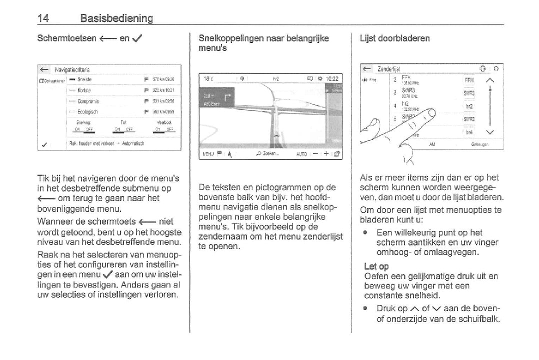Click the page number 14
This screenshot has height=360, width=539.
point(43,18)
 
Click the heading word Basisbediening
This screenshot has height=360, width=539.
point(116,18)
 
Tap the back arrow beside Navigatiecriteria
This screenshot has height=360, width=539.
point(44,69)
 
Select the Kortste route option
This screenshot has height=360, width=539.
point(83,90)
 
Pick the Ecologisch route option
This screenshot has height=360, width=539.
point(87,112)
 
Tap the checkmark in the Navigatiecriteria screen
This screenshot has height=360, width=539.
point(45,145)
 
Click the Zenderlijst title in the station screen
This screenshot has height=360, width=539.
point(389,69)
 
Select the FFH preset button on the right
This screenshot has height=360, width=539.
point(469,80)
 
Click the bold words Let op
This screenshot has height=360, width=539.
point(376,266)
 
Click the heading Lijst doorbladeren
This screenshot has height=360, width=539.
point(394,38)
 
